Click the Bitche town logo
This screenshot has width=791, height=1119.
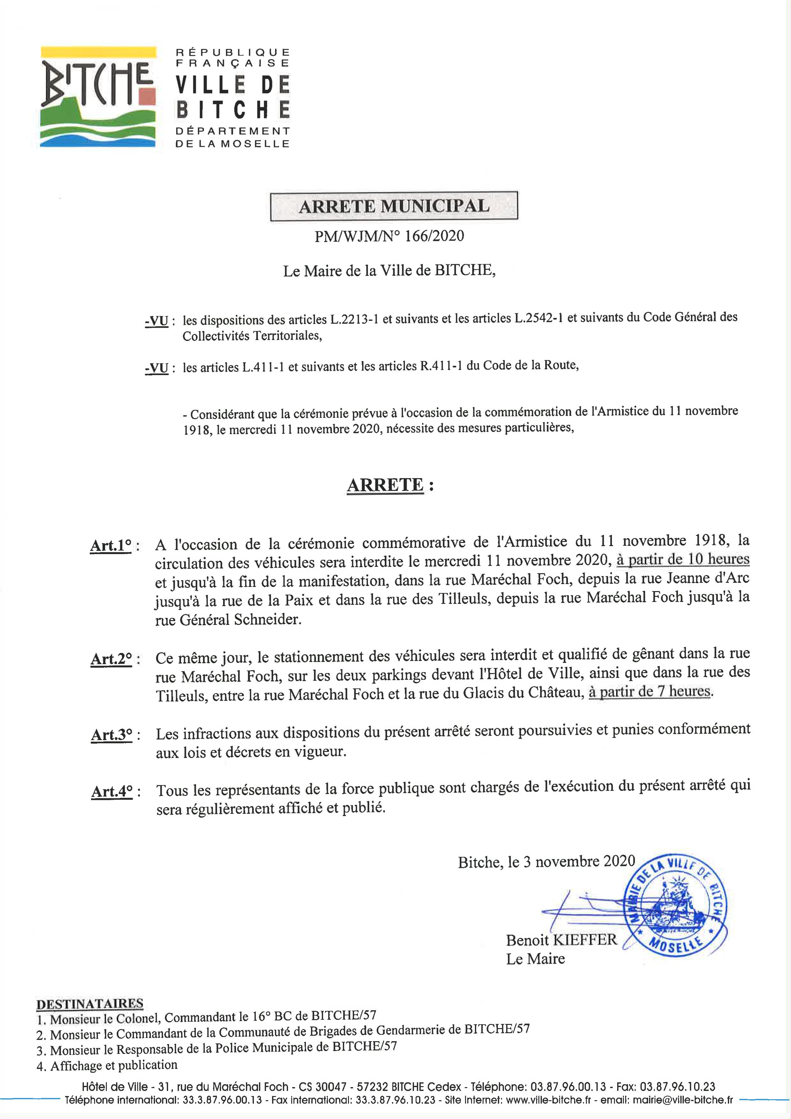(98, 97)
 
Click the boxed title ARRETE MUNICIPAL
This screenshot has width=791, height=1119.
(394, 206)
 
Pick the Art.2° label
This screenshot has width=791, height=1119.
(111, 659)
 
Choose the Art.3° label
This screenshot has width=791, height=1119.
(112, 735)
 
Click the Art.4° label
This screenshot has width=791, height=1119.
(112, 791)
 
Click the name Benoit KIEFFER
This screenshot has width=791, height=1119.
(561, 940)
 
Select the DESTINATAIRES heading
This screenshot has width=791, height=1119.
(90, 1004)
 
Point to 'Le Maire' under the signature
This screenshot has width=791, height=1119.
(535, 959)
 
